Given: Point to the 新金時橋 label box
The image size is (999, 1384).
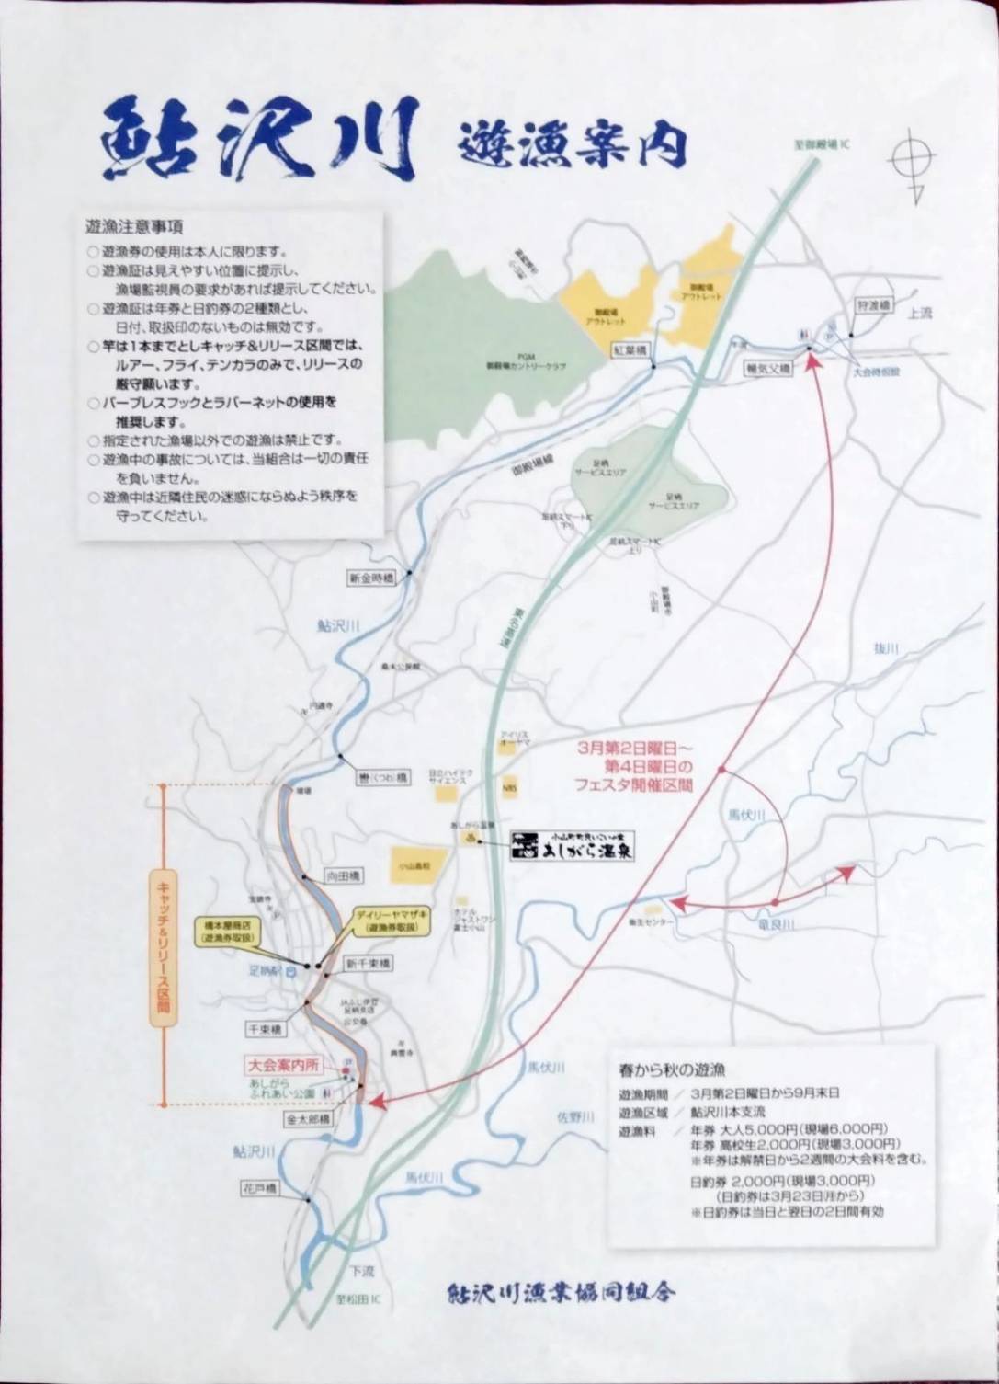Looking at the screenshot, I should (x=370, y=578).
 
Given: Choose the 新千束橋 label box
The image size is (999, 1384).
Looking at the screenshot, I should (x=367, y=963).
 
